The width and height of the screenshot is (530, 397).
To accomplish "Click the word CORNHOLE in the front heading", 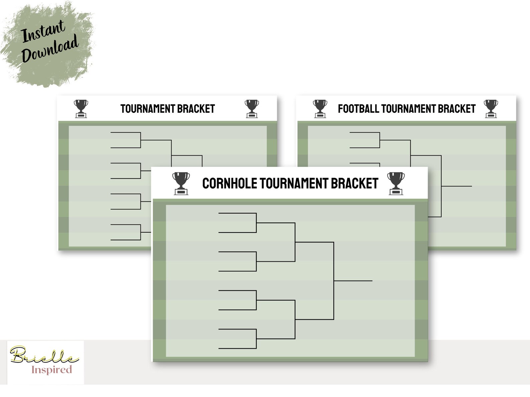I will [x=229, y=184].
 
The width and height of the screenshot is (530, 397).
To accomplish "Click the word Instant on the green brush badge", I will [x=43, y=31].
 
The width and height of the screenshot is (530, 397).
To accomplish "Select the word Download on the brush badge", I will [x=50, y=49].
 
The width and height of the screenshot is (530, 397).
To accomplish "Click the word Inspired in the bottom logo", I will [x=51, y=370].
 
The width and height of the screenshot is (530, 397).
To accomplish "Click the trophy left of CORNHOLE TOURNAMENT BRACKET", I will [x=181, y=183].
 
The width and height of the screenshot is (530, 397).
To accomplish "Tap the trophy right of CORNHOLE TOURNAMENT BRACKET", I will [x=396, y=183].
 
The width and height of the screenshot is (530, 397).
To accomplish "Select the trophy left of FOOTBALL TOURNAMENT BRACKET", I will [x=320, y=109].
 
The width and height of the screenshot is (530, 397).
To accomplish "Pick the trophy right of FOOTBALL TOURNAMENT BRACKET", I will [x=491, y=109].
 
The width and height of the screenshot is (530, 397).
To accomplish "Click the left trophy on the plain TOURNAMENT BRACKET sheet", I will [x=81, y=109].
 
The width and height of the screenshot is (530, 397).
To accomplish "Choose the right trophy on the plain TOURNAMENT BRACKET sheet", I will [x=252, y=109].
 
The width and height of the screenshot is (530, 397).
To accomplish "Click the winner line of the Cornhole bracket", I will [x=353, y=281].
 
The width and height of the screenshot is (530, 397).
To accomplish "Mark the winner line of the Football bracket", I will [x=457, y=186].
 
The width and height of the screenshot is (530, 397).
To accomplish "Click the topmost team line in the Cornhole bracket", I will [x=237, y=213].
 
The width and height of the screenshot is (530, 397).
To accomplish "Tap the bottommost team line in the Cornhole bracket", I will [x=237, y=348].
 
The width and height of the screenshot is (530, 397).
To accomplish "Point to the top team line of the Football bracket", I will [x=364, y=133].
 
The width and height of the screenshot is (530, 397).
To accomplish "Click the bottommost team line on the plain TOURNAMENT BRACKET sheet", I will [x=125, y=240].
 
